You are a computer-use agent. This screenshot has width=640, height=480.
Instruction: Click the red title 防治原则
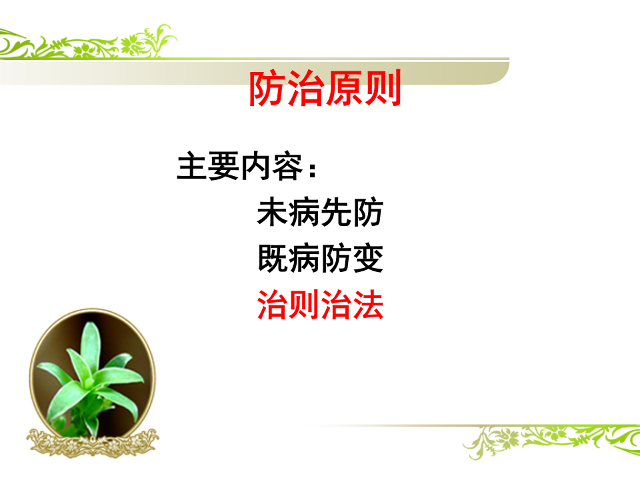pyautogui.click(x=325, y=89)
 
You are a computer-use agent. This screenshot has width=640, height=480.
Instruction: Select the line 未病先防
pyautogui.click(x=320, y=213)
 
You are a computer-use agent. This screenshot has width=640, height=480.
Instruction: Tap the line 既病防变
pyautogui.click(x=320, y=259)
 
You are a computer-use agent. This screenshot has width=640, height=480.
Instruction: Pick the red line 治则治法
pyautogui.click(x=320, y=305)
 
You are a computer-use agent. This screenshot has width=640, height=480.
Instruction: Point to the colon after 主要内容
pyautogui.click(x=311, y=169)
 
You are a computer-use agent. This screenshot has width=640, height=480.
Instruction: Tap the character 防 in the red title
pyautogui.click(x=267, y=89)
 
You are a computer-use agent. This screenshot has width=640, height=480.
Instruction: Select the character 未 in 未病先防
pyautogui.click(x=273, y=213)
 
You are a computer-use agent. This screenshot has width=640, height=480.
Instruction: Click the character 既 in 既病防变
pyautogui.click(x=273, y=259)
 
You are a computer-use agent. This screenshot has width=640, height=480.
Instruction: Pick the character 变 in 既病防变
pyautogui.click(x=368, y=259)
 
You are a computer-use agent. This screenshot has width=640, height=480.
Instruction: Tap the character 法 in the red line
pyautogui.click(x=368, y=305)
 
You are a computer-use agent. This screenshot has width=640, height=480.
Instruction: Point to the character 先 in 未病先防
pyautogui.click(x=336, y=213)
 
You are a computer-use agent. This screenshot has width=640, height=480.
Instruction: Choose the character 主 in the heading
pyautogui.click(x=191, y=167)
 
